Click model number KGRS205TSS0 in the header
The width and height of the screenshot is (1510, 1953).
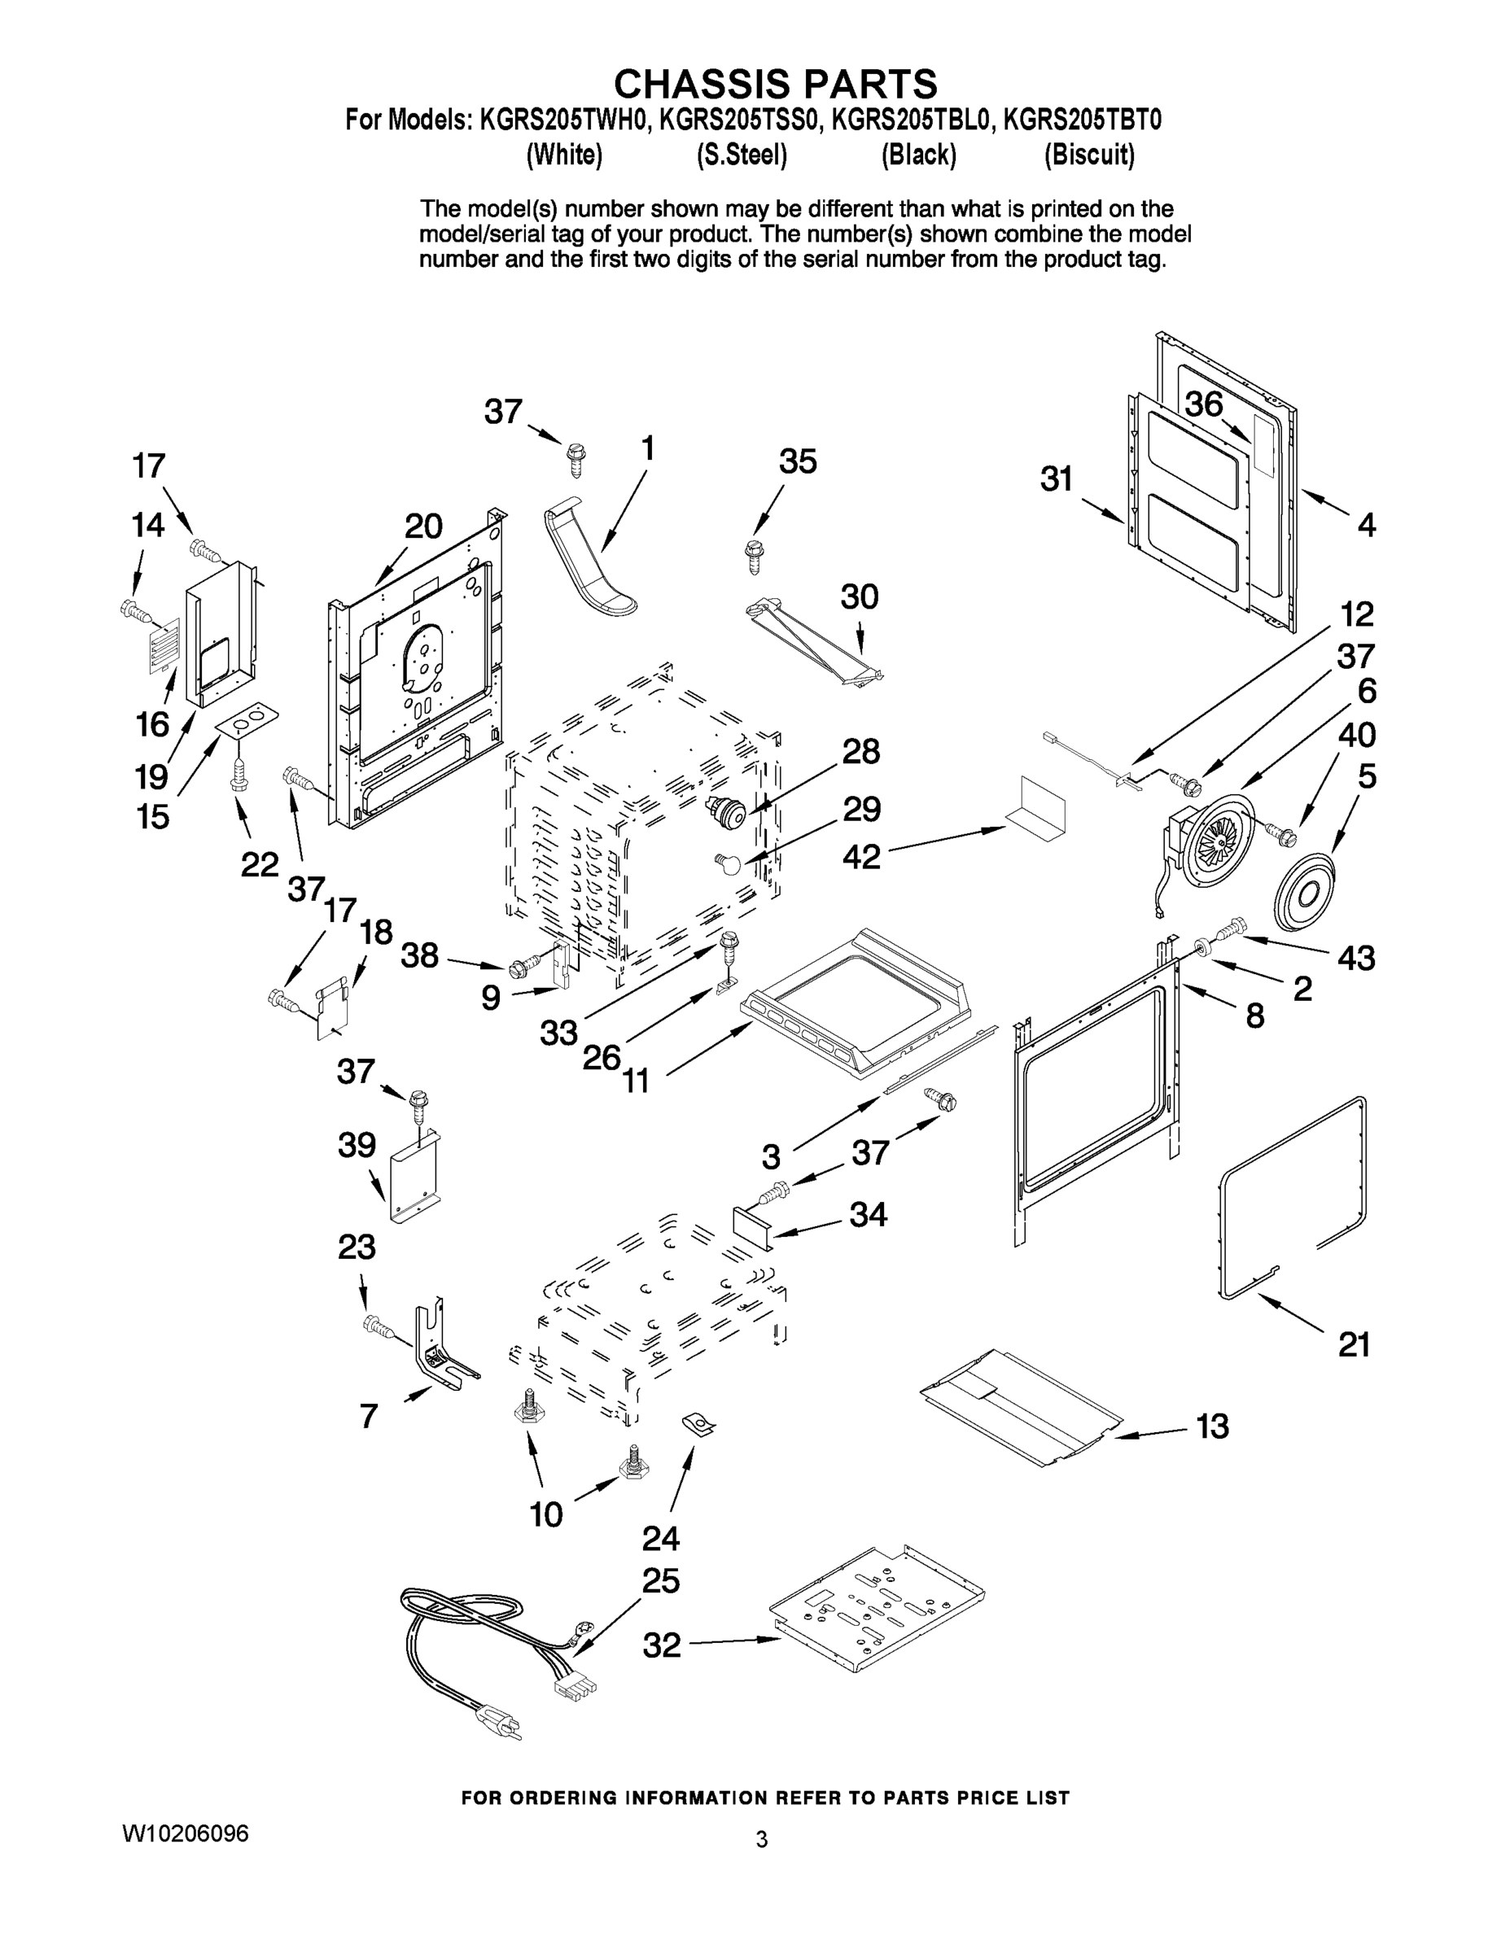point(739,120)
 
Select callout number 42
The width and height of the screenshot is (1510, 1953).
point(861,858)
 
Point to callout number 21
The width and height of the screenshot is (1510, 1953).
point(1354,1345)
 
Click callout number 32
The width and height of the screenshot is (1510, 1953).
point(661,1645)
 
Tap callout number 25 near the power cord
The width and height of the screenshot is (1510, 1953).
point(661,1581)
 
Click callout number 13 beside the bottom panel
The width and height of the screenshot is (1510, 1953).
point(1212,1427)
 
